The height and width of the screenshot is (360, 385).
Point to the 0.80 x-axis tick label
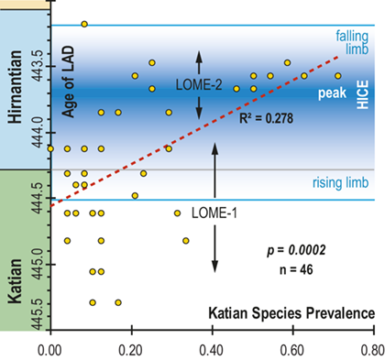[372, 348]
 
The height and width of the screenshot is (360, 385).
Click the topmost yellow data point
[84, 24]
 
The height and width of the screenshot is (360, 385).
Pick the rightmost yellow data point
[337, 76]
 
